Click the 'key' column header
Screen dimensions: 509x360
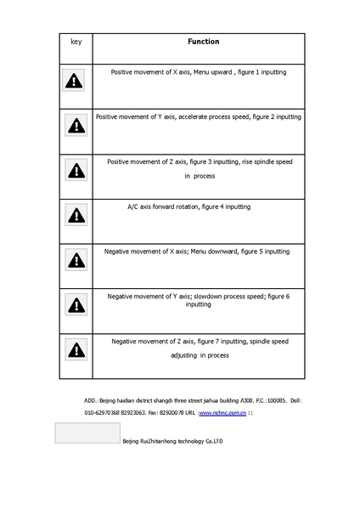point(76,42)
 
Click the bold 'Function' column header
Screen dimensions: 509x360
point(203,42)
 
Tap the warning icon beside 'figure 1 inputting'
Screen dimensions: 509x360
point(76,82)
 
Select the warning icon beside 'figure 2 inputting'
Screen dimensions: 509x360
point(76,126)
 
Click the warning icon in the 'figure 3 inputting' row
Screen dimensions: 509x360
point(76,170)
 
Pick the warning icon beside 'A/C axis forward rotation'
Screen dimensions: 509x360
point(76,214)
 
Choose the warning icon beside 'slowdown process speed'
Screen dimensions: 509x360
point(76,303)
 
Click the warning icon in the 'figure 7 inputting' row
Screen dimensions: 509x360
point(76,348)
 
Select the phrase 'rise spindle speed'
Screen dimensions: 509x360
point(262,161)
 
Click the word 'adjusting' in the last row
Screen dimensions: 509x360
point(184,354)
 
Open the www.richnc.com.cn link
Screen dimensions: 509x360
point(222,412)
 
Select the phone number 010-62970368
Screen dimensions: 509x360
point(103,412)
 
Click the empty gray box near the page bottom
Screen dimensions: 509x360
point(87,433)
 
